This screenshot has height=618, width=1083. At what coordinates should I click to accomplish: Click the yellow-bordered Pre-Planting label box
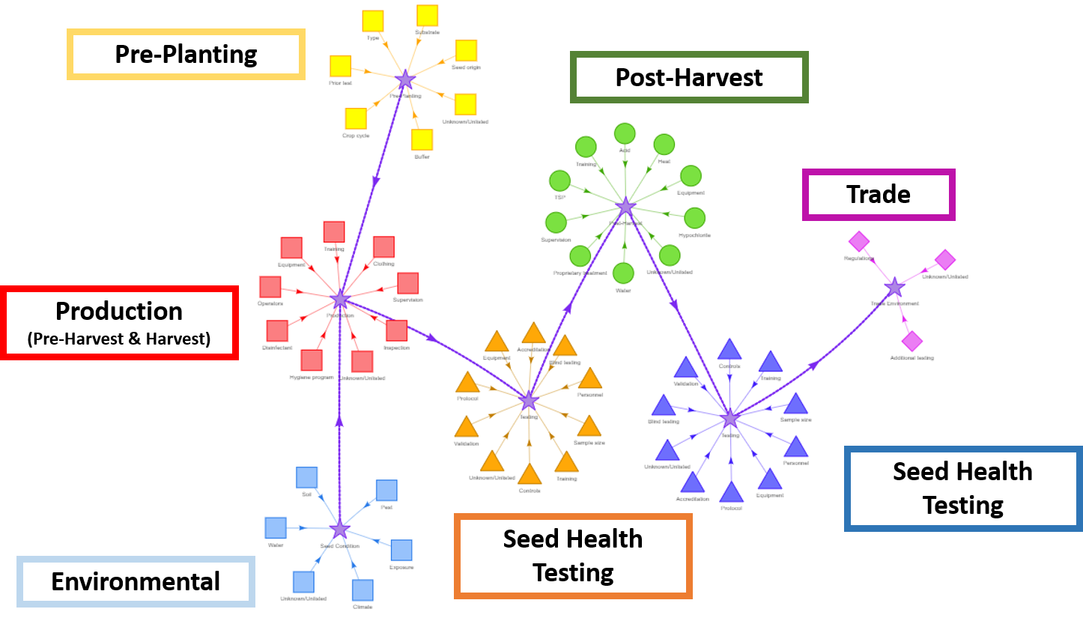(186, 54)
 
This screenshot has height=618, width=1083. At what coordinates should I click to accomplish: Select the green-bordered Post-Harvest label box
(689, 77)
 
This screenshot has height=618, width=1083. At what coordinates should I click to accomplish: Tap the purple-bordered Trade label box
(879, 195)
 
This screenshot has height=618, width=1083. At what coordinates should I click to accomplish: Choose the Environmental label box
(136, 581)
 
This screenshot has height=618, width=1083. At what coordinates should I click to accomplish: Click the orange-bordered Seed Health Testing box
(573, 556)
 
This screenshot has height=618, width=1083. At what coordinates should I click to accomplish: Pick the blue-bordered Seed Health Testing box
(962, 488)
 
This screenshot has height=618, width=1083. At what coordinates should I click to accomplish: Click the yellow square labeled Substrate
(427, 16)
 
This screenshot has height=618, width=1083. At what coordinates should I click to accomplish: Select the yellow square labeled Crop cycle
(356, 119)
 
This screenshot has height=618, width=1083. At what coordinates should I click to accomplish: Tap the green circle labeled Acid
(625, 134)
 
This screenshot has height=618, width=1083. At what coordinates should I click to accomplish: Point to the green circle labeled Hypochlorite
(695, 218)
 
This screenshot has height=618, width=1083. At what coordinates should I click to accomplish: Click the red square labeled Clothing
(383, 246)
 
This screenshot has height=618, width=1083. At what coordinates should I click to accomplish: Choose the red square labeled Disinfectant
(277, 330)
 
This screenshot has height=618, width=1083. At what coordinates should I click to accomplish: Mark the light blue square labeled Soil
(306, 477)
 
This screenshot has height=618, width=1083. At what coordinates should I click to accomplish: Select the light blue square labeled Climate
(362, 590)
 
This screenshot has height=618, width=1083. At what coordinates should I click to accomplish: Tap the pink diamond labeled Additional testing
(911, 342)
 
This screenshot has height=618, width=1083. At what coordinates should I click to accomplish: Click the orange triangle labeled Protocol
(467, 383)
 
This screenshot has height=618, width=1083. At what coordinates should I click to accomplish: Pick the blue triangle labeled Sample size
(795, 405)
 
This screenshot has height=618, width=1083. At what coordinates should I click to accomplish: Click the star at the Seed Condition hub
(340, 530)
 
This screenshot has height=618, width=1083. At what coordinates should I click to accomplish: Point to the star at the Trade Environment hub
(894, 287)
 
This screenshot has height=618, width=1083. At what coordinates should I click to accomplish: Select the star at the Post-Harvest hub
(625, 207)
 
